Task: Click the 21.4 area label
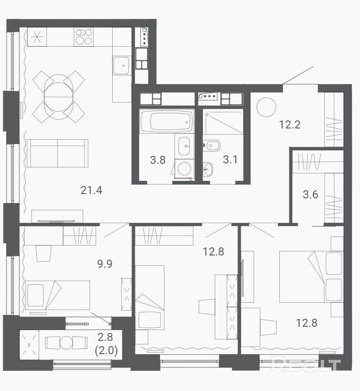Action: [x=91, y=190]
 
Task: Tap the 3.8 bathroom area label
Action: [x=158, y=160]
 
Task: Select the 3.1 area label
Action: [x=230, y=160]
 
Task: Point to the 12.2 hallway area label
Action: [x=290, y=125]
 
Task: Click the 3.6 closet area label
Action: [x=310, y=194]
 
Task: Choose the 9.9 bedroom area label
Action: [x=105, y=263]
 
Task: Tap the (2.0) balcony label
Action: [x=106, y=350]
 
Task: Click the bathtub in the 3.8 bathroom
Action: [x=167, y=121]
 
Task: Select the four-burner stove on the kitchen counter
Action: [x=84, y=37]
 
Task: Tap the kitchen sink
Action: [x=121, y=66]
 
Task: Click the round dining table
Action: [x=59, y=96]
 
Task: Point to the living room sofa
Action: [x=58, y=153]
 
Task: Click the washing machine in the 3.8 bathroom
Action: [x=184, y=169]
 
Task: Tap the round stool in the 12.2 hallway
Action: [x=266, y=107]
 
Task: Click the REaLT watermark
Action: [x=306, y=364]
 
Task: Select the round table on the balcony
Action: [x=66, y=343]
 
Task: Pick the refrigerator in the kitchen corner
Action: [x=37, y=37]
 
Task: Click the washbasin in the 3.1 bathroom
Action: [x=208, y=170]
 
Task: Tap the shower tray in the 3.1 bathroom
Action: [x=223, y=122]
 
